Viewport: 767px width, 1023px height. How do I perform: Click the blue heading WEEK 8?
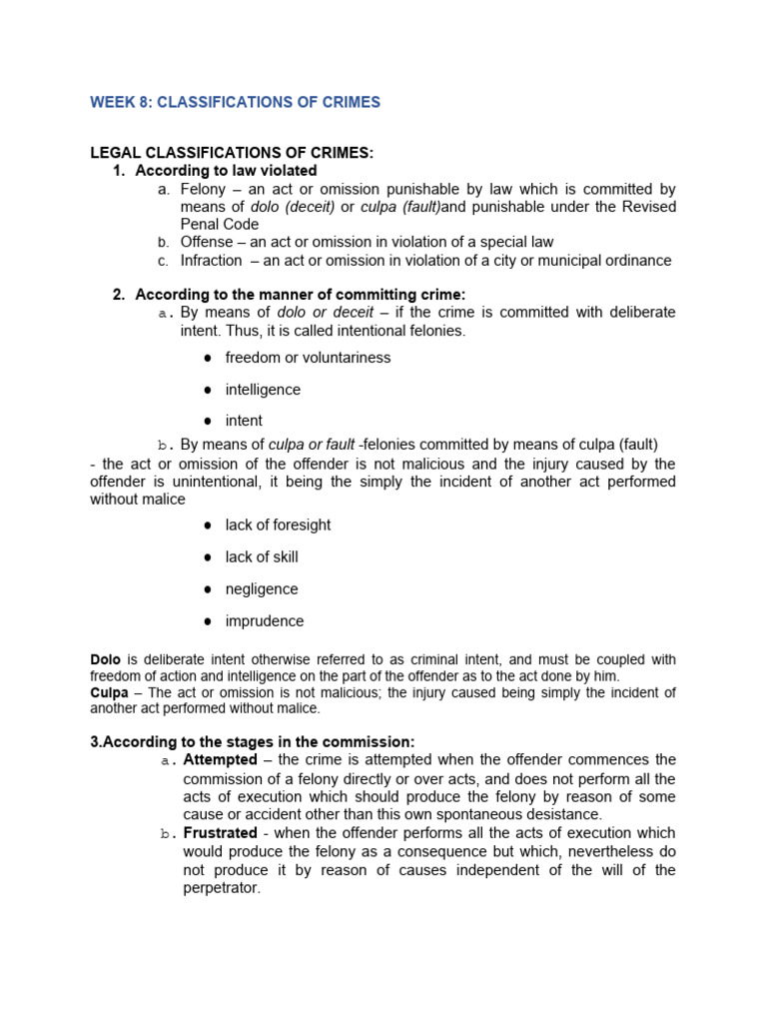tap(235, 102)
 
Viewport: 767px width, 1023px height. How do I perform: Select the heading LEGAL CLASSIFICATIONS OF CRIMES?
tap(232, 153)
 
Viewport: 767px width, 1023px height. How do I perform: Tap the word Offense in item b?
tap(208, 242)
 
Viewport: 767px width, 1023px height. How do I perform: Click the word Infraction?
tap(211, 261)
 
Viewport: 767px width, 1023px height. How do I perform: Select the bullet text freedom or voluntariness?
tap(308, 358)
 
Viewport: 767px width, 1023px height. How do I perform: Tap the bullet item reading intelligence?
tap(263, 390)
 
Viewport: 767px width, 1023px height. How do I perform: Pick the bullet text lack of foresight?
tap(278, 525)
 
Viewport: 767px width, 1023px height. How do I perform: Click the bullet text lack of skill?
tap(262, 557)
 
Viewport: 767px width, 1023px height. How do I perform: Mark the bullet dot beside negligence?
tap(208, 589)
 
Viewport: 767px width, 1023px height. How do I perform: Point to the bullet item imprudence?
tap(265, 621)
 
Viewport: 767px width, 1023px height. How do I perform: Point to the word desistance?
tap(565, 815)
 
